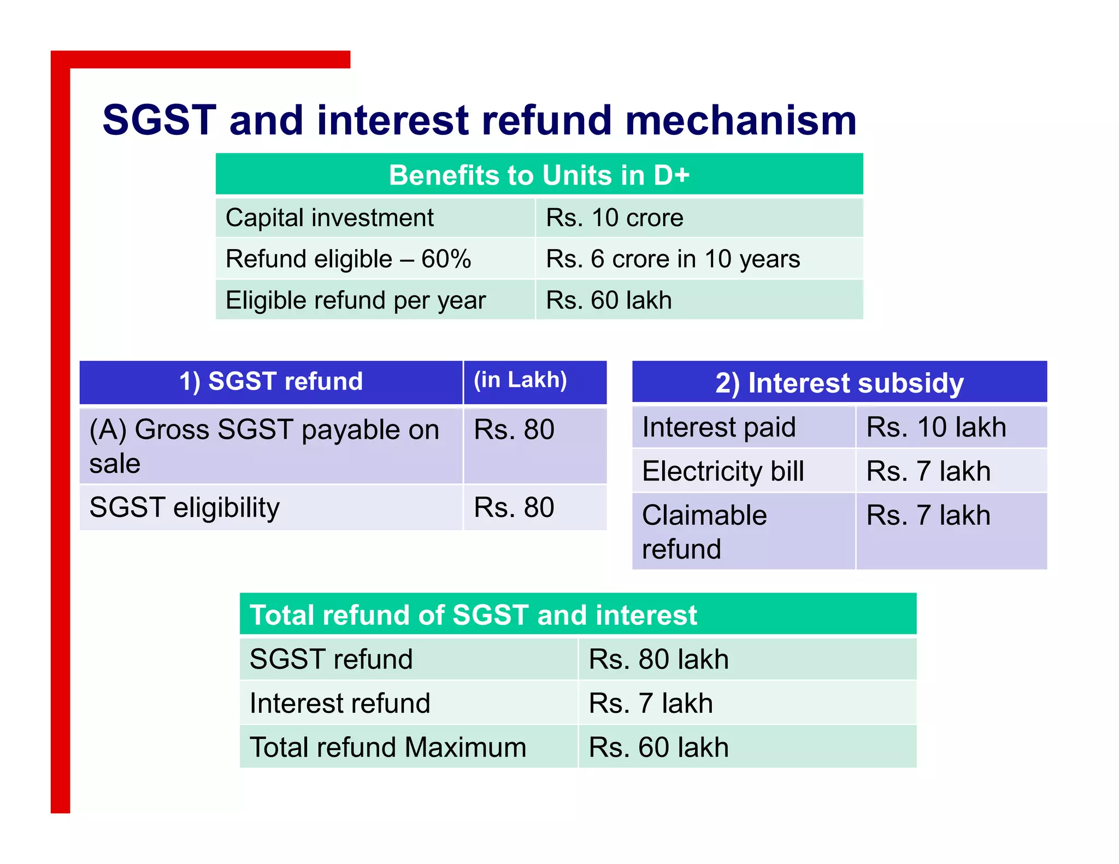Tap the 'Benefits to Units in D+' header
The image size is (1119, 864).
pos(539,175)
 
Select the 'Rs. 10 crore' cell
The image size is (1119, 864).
pos(615,218)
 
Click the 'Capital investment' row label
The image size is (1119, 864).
pos(329,218)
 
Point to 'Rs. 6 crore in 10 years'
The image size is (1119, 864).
pos(673,259)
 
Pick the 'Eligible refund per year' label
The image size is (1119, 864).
pos(356,300)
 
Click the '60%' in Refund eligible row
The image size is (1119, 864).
pos(446,259)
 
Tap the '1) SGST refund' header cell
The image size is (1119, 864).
pos(271,381)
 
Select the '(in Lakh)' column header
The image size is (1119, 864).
pos(520,380)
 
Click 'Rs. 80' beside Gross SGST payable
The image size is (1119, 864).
pos(514,429)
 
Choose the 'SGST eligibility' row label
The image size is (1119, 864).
pos(185,507)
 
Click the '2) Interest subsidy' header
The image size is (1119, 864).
pos(839,383)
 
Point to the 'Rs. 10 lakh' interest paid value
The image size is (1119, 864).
pos(936,427)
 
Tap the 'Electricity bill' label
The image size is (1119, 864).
pos(723,471)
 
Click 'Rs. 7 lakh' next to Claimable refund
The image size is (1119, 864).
pos(928,516)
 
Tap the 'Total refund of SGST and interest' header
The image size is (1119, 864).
pos(473,615)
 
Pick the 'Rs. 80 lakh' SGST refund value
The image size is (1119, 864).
pos(658,659)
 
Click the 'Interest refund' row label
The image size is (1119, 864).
pos(340,703)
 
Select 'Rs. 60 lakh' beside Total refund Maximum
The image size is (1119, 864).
pos(658,747)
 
